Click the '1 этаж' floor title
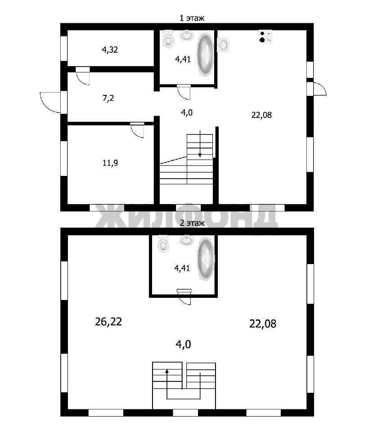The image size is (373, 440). [192, 18]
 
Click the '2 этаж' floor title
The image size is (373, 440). [192, 223]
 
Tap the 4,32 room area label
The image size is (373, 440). [110, 50]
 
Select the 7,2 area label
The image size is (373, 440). [108, 99]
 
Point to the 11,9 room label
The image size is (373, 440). [110, 163]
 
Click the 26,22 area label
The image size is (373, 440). [108, 322]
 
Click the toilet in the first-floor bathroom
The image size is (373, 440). [168, 39]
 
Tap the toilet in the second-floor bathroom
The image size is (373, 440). [164, 243]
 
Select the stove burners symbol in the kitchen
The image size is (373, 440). [265, 36]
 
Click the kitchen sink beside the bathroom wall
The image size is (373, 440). [224, 45]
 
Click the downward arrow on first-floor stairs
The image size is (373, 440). [200, 144]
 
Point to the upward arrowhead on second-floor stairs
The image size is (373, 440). [167, 371]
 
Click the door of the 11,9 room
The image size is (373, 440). [138, 130]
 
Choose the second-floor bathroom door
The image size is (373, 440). [184, 297]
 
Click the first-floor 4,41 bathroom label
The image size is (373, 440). [183, 59]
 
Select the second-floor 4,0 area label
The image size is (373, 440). [183, 344]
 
